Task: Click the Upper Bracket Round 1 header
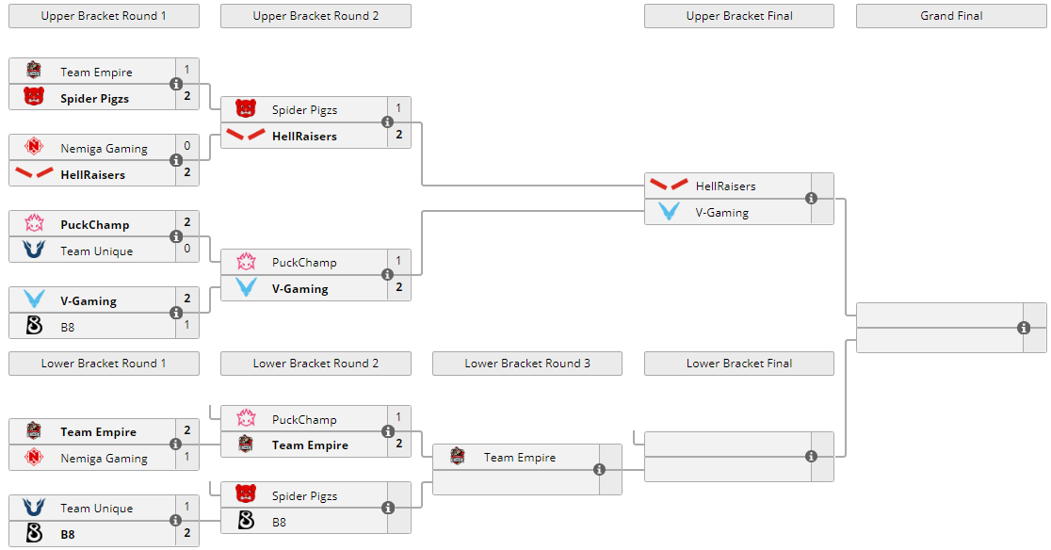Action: (x=104, y=16)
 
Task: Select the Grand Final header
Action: (x=951, y=16)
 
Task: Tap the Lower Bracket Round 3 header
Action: (x=527, y=364)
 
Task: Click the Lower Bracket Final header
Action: (x=739, y=364)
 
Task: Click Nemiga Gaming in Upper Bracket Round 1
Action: (x=104, y=148)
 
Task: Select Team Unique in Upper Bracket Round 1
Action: (x=96, y=251)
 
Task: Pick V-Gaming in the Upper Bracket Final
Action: (x=721, y=213)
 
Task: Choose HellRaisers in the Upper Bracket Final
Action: (x=725, y=186)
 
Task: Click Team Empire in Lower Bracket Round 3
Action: (x=519, y=458)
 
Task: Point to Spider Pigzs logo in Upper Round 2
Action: (x=246, y=109)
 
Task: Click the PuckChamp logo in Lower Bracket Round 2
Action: (x=246, y=418)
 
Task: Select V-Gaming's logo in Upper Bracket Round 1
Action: (x=34, y=300)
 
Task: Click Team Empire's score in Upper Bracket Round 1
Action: (x=187, y=70)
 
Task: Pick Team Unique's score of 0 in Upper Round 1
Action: (x=187, y=249)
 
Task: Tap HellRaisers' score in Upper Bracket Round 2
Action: (x=399, y=135)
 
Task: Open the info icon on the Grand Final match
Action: (x=1024, y=328)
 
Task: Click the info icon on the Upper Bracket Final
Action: (x=811, y=199)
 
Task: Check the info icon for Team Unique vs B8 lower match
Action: (x=175, y=521)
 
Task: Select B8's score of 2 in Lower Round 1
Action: (x=187, y=534)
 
